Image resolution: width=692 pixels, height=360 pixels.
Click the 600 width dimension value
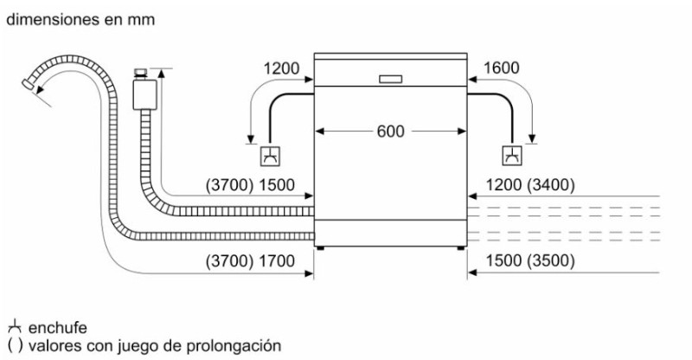[x=391, y=132]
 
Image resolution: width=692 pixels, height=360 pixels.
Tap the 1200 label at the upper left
[x=281, y=68]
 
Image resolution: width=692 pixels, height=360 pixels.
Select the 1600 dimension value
[x=502, y=68]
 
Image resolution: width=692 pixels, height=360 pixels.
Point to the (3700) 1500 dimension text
[x=250, y=184]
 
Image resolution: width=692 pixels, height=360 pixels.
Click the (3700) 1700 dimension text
[x=250, y=261]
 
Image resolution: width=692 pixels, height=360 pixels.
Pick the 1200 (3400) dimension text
[x=530, y=184]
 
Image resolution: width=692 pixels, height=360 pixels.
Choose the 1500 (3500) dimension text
[x=530, y=260]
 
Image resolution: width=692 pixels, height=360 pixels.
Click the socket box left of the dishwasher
[x=271, y=156]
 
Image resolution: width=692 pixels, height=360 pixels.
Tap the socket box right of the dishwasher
[x=512, y=156]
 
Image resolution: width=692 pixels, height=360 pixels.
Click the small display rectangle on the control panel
[x=391, y=79]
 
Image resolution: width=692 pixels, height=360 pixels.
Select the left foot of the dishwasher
[x=320, y=248]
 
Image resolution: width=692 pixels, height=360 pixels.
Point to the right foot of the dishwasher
[x=461, y=248]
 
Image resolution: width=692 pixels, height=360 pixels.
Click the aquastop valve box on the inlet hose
[x=144, y=94]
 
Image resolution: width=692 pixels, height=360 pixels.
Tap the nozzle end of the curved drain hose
[x=29, y=84]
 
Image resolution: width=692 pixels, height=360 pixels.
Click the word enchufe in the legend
[x=57, y=328]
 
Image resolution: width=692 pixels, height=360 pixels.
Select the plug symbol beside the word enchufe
[x=15, y=326]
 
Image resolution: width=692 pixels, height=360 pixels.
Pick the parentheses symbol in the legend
[x=15, y=345]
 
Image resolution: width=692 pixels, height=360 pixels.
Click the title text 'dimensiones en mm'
[x=80, y=19]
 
